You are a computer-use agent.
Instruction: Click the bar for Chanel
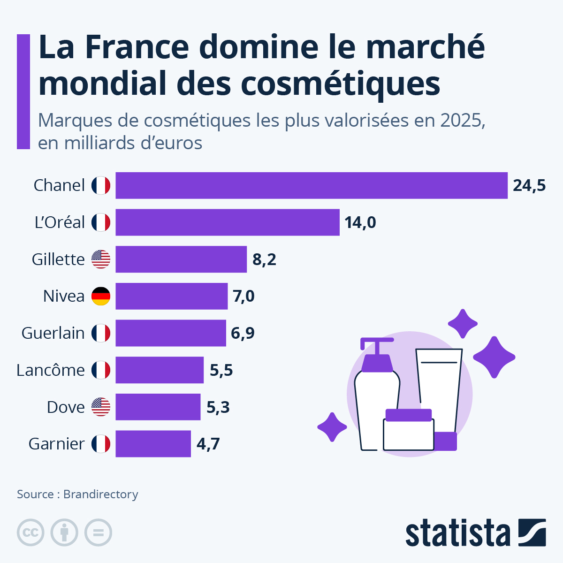312,185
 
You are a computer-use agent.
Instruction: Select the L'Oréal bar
228,222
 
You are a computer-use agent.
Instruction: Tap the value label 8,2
264,259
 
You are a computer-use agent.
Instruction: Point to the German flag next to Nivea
100,296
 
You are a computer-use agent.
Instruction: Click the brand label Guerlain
53,333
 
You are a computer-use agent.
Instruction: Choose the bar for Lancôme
160,370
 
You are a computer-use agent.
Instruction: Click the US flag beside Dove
100,407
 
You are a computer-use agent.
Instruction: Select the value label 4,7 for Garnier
208,444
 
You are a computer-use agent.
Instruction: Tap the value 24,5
529,185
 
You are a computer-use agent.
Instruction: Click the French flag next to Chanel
100,185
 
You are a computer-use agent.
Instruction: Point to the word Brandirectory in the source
100,495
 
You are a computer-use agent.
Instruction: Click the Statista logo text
457,533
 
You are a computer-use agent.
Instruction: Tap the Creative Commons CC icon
30,533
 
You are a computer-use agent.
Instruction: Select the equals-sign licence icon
98,533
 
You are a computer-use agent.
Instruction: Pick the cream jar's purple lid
408,415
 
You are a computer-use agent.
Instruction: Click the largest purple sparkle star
494,357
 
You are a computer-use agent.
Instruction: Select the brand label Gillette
58,259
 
